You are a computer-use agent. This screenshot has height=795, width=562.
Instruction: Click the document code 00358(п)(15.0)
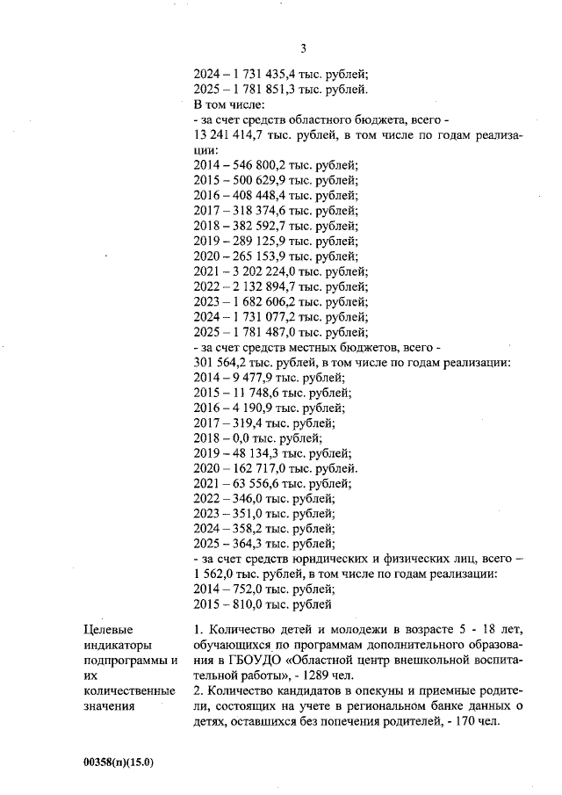[x=119, y=762]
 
